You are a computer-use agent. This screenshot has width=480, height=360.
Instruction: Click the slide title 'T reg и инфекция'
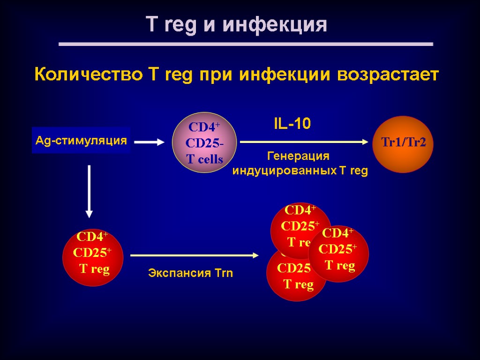(x=237, y=24)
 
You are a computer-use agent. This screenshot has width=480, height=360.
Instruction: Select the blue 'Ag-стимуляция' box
(x=81, y=140)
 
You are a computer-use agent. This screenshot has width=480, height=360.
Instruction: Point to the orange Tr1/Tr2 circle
(x=403, y=144)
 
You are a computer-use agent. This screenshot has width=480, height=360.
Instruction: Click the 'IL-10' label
(x=292, y=124)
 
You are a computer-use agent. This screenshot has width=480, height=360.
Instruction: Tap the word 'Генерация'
(x=299, y=156)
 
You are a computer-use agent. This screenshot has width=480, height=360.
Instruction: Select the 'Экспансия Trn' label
(x=190, y=273)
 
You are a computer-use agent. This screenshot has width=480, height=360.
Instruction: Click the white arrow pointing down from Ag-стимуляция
(x=89, y=191)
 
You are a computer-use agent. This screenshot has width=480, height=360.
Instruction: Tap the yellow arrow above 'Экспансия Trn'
(x=194, y=255)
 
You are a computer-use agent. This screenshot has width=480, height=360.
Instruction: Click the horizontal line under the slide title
(x=246, y=44)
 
